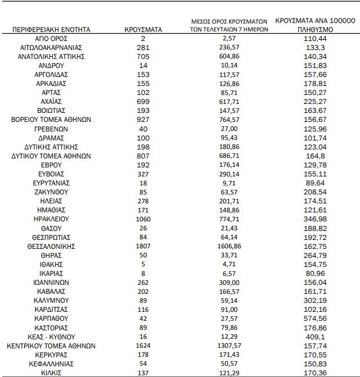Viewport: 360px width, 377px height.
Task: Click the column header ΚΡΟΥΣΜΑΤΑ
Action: pos(143,29)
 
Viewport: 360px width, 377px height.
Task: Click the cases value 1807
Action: pos(143,246)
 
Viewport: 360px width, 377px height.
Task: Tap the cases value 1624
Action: pos(143,346)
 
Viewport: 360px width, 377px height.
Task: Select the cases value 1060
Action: pos(143,219)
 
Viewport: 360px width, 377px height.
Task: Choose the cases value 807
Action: pos(143,156)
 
